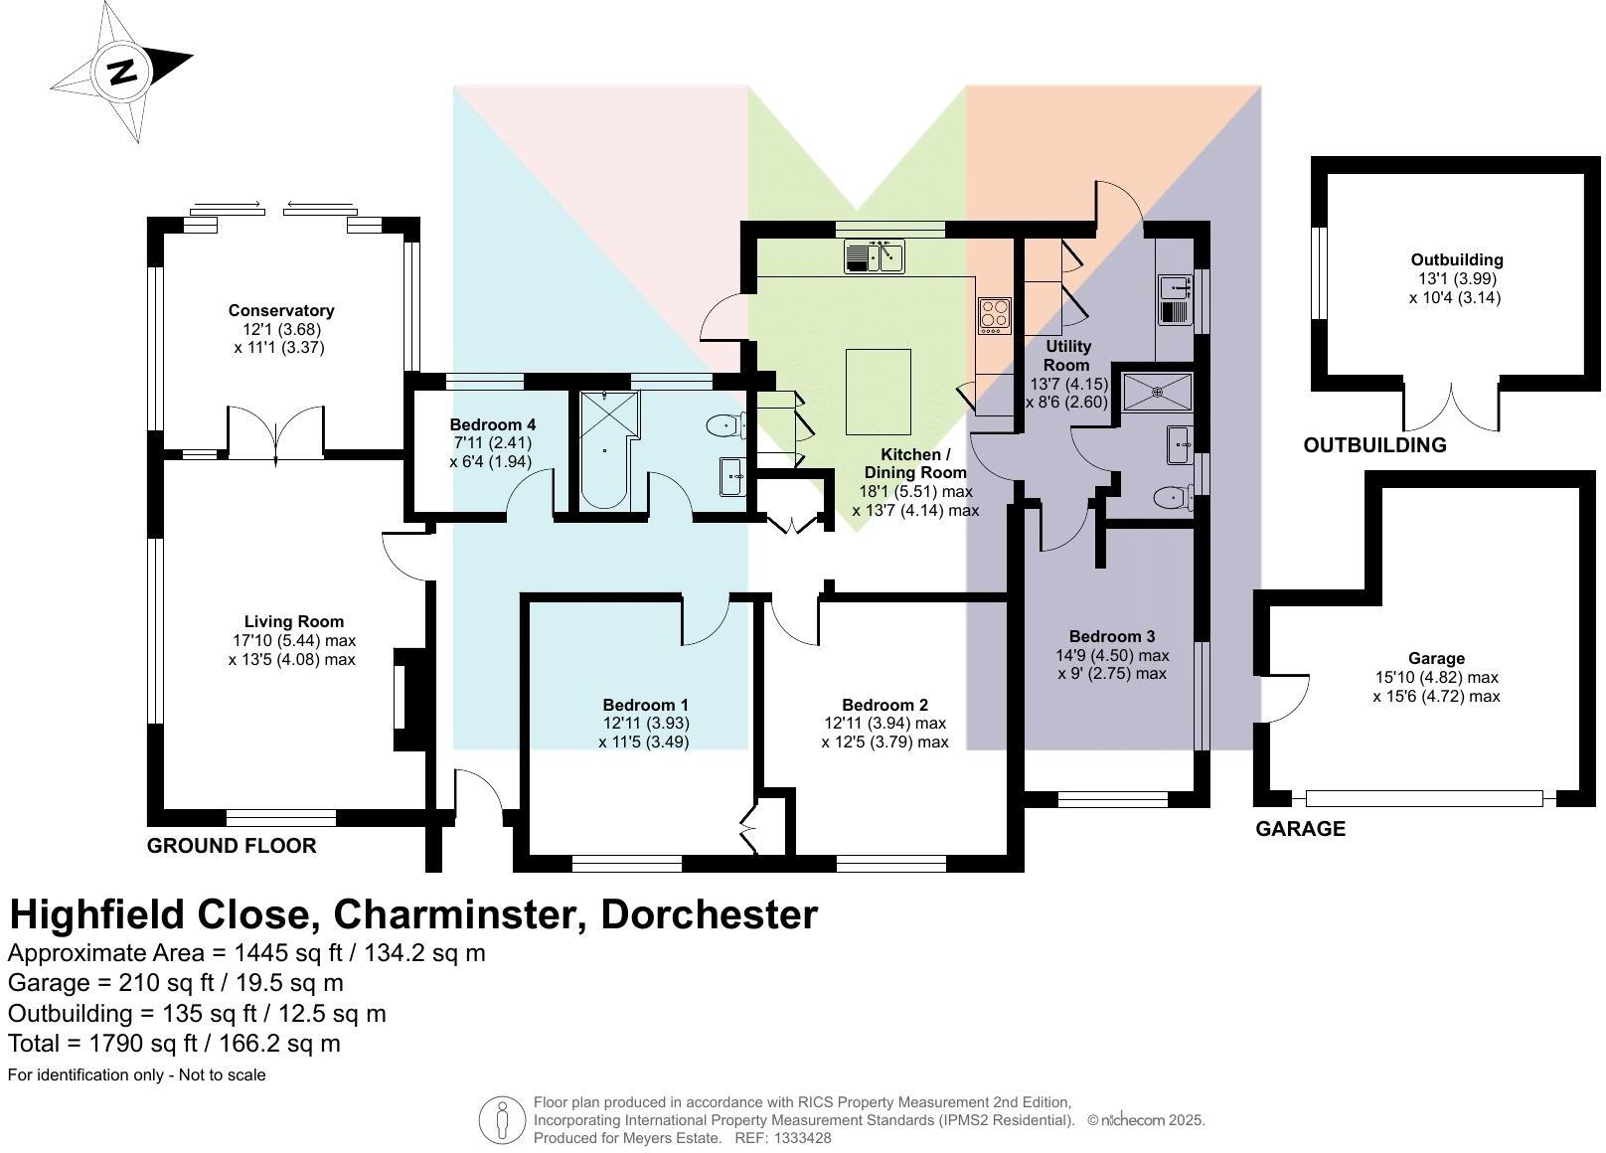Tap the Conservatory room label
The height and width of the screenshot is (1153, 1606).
pyautogui.click(x=281, y=310)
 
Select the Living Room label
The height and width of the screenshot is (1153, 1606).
pyautogui.click(x=294, y=621)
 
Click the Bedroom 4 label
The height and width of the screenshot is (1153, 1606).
pyautogui.click(x=493, y=424)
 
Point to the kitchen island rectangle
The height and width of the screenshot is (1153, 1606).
pyautogui.click(x=878, y=392)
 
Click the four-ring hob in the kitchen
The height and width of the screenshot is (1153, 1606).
pyautogui.click(x=995, y=316)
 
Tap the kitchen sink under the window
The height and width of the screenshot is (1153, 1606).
pyautogui.click(x=874, y=256)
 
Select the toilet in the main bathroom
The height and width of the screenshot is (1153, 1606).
pyautogui.click(x=725, y=426)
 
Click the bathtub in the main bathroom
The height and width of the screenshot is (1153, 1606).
pyautogui.click(x=607, y=450)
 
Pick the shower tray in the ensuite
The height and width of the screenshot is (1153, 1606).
pyautogui.click(x=1157, y=393)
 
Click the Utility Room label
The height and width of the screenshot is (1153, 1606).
pyautogui.click(x=1067, y=355)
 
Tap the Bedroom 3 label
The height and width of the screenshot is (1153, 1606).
pyautogui.click(x=1112, y=636)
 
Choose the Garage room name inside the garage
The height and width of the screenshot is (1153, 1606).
pyautogui.click(x=1436, y=658)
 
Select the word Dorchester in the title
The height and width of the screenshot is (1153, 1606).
pyautogui.click(x=709, y=914)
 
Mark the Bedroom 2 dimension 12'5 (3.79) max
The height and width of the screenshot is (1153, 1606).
pyautogui.click(x=884, y=742)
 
